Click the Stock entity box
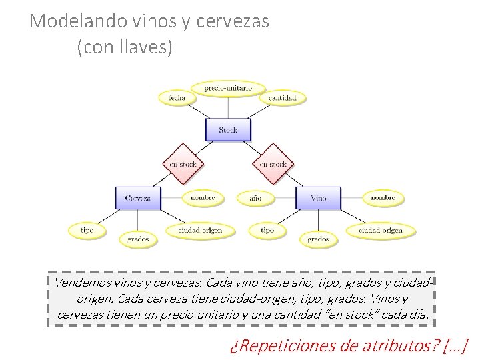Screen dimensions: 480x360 (228, 130)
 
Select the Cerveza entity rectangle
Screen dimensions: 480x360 (137, 198)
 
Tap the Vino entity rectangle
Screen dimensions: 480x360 (318, 198)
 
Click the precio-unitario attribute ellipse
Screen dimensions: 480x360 (227, 88)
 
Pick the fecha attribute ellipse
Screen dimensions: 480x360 (177, 97)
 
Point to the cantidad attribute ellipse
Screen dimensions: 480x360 (287, 97)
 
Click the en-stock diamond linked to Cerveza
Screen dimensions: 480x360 (181, 164)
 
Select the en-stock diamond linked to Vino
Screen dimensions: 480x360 (273, 164)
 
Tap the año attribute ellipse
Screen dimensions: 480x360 (255, 198)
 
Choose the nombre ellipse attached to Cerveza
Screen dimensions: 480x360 (203, 198)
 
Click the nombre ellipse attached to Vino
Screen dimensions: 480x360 (383, 198)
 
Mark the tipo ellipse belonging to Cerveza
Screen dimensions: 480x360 (87, 231)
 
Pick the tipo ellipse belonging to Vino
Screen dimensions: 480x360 (267, 231)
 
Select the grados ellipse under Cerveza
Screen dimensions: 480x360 (138, 238)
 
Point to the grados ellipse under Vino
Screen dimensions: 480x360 (318, 238)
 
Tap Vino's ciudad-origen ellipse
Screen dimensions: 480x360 (380, 231)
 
